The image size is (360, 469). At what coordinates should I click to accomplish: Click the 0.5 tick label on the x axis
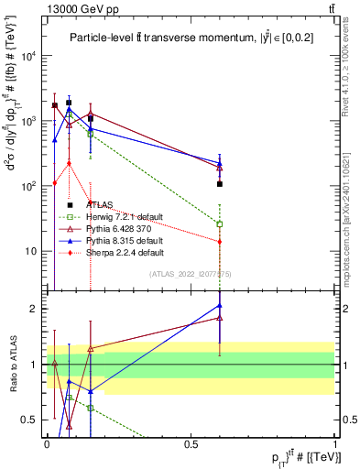pyautogui.click(x=191, y=442)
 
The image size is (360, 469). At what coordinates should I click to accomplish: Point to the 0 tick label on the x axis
pyautogui.click(x=47, y=442)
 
